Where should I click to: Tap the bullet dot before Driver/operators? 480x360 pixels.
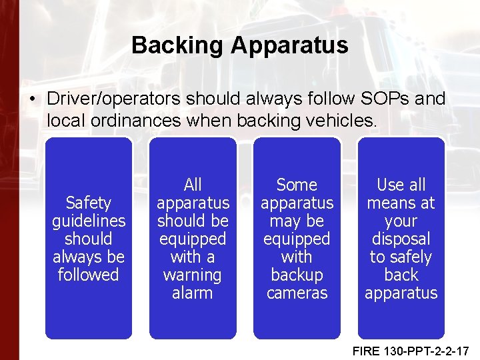[32, 99]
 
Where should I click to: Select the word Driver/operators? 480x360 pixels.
[114, 99]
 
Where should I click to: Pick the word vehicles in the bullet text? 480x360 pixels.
[342, 121]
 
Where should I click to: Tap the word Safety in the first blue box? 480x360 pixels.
[88, 202]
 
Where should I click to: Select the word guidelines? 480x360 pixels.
[88, 220]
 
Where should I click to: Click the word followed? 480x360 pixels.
[88, 275]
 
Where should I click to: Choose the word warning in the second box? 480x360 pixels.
[193, 275]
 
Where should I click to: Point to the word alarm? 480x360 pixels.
[193, 293]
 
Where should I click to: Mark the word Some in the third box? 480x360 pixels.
[297, 184]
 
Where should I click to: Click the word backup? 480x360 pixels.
[297, 275]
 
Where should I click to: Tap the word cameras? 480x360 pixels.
[297, 293]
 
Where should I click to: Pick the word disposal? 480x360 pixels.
[401, 239]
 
